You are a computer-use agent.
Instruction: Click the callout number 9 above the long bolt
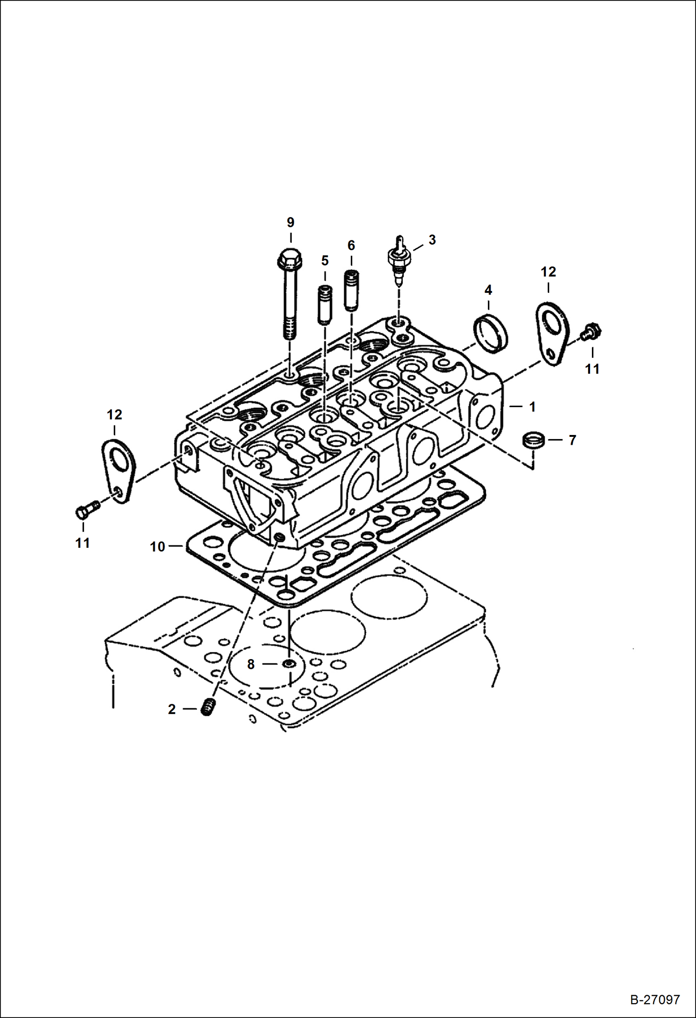[x=290, y=222]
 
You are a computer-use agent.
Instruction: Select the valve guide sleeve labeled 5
[x=324, y=305]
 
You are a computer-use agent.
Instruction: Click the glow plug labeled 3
[x=398, y=260]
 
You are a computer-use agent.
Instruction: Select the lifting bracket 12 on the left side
[x=118, y=470]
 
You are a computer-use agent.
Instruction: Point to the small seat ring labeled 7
[x=533, y=440]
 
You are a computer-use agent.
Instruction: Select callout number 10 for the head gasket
[x=158, y=547]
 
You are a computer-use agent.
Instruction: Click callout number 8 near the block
[x=251, y=664]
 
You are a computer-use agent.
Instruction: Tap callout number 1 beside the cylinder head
[x=532, y=407]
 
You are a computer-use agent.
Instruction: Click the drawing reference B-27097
[x=655, y=999]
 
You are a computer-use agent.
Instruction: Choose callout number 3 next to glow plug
[x=432, y=240]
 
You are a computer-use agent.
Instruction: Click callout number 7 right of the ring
[x=572, y=440]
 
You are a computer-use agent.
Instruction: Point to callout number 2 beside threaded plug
[x=172, y=709]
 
